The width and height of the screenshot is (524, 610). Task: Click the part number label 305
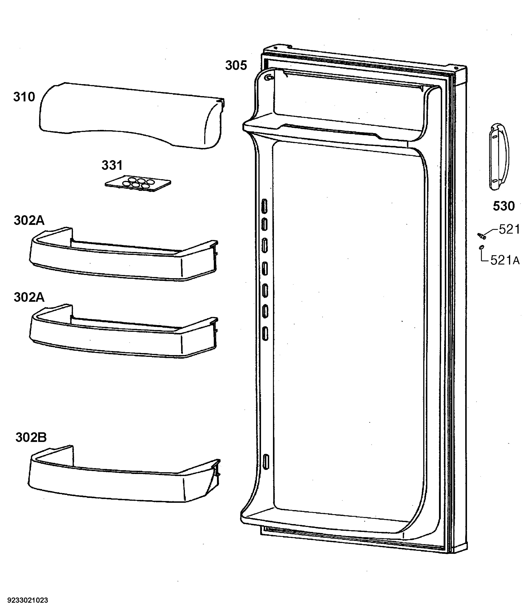click(236, 65)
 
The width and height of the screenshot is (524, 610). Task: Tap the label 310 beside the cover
click(24, 97)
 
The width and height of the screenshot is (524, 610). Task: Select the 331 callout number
click(112, 165)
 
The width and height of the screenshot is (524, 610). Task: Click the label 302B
click(31, 437)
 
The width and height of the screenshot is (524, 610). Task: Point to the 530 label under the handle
click(504, 206)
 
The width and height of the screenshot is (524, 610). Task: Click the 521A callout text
click(505, 260)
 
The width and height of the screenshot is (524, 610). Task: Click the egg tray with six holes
click(138, 184)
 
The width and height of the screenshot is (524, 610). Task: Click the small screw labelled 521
click(482, 236)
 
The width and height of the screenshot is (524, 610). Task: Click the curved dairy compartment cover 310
click(132, 116)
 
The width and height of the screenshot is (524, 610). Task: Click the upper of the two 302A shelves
click(124, 254)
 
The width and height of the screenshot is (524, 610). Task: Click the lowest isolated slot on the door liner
click(266, 462)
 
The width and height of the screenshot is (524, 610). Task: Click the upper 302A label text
click(29, 221)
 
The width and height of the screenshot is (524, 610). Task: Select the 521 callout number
click(509, 229)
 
